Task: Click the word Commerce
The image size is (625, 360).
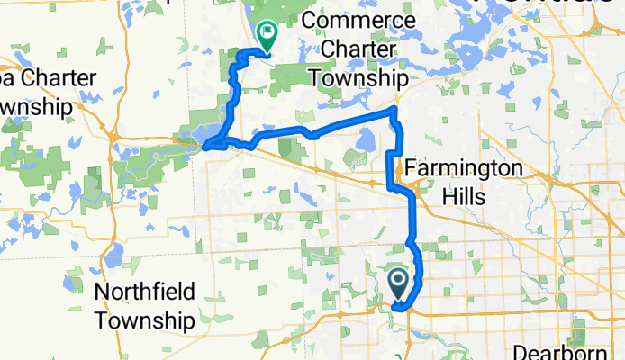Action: (359, 21)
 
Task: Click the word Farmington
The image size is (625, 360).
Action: (463, 167)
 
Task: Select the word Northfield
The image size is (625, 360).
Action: (144, 292)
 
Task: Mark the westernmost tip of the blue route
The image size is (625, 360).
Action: (205, 145)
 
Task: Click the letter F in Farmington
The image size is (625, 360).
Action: (411, 167)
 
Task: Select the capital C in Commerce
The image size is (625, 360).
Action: (312, 21)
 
